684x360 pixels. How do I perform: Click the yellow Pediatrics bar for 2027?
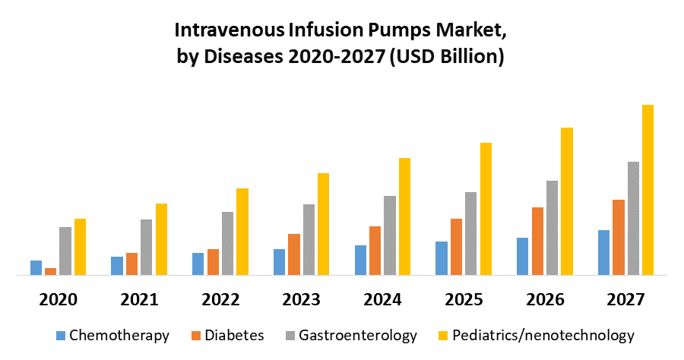tap(648, 190)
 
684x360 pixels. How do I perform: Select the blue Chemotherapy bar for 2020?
tap(36, 267)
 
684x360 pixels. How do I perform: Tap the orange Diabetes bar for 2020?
tap(50, 271)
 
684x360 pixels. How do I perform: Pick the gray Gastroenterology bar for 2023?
tap(309, 239)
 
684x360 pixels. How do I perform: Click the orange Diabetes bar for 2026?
tap(537, 241)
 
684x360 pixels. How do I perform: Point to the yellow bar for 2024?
tap(404, 216)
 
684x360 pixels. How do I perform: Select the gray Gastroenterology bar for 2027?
tap(633, 218)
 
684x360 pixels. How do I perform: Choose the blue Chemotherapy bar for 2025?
tap(442, 258)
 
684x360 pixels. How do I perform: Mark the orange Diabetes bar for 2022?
tap(213, 262)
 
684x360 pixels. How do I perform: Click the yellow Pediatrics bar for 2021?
tap(161, 239)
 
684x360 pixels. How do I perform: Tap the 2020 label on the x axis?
tap(58, 299)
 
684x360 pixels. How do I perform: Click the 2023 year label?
tap(301, 299)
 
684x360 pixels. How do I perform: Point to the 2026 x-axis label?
tap(544, 299)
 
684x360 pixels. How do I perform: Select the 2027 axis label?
tap(625, 299)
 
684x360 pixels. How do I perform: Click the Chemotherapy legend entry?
tap(119, 335)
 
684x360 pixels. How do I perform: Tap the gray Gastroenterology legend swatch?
tap(290, 335)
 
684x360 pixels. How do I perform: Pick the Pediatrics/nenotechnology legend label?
tap(543, 335)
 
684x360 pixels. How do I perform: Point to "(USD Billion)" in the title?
tap(446, 57)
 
